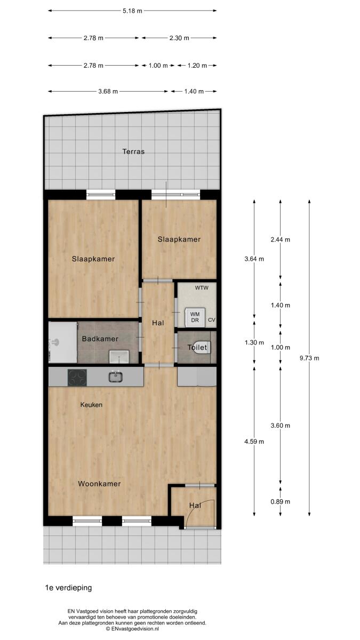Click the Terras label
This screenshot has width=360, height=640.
point(133,151)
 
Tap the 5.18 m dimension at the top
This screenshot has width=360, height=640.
point(132,11)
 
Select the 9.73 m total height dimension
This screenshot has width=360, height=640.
point(309,358)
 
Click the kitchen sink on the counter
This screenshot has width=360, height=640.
point(116,377)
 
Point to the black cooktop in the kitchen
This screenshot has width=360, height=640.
point(77,378)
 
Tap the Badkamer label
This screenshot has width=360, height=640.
point(100,339)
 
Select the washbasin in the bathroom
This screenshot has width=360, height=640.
point(119,357)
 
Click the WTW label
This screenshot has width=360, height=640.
point(202,287)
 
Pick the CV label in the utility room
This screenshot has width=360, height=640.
point(211,320)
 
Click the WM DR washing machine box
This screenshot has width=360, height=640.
point(195,317)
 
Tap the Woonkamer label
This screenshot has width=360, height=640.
point(99,484)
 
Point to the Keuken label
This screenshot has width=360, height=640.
point(91,405)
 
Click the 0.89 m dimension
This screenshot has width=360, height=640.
point(281,501)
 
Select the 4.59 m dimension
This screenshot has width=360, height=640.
point(254,442)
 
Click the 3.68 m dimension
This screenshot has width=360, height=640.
point(108,91)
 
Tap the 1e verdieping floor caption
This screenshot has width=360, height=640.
point(69,588)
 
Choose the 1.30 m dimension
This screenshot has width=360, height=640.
point(254,342)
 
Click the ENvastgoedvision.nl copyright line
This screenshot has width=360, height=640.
point(132,629)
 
